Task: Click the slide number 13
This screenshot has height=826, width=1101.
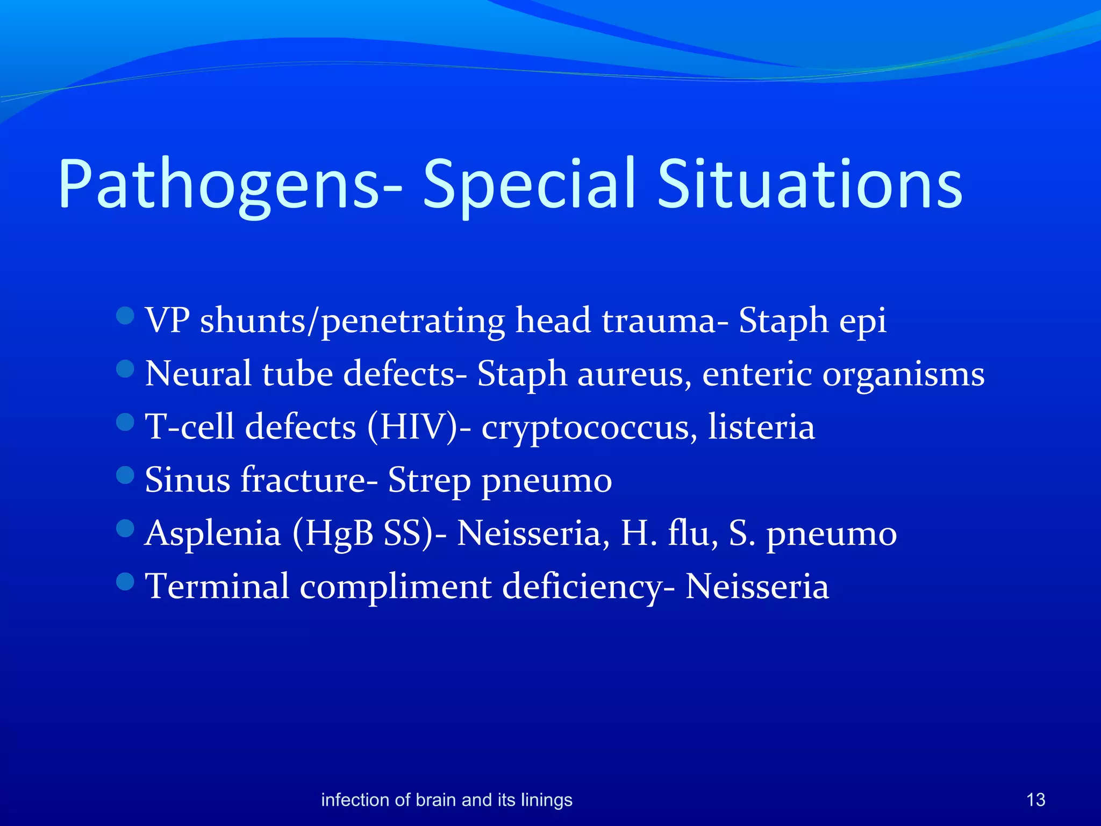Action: (1035, 800)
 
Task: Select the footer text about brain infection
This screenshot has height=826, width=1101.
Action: (446, 800)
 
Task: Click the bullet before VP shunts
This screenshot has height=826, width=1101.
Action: (125, 316)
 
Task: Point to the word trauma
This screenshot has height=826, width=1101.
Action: (664, 321)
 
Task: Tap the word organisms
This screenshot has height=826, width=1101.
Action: (903, 375)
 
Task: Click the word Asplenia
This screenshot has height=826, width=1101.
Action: (213, 534)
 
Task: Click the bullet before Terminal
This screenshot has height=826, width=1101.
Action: (125, 581)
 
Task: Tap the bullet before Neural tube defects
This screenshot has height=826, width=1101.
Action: (125, 369)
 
